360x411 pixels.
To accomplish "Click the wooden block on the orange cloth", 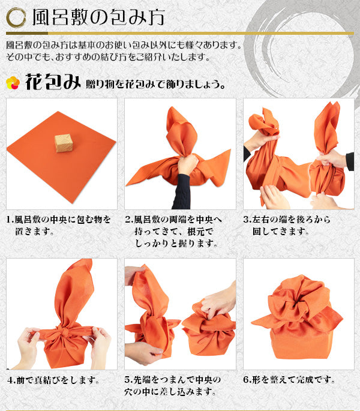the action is pos(64,143).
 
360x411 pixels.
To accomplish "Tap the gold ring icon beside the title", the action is pos(16,18).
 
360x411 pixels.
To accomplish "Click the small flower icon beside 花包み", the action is pos(13,83).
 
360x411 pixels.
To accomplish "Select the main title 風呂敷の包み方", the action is pos(98,18).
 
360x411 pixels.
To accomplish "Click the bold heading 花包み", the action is pos(53,82).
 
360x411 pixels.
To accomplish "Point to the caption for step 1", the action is pos(58,226).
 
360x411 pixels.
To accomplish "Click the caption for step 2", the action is pos(173,232).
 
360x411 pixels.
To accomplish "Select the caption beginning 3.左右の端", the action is pos(287,226).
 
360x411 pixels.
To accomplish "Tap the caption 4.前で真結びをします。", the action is pos(53,380).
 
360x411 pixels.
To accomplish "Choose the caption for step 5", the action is pos(173,386).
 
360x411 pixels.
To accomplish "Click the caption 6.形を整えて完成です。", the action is pos(289,380).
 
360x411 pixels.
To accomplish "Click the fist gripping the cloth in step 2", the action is pos(187,164).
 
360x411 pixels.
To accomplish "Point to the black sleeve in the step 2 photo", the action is pos(181,191).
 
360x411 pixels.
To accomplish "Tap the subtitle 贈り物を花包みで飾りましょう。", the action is pos(155,85).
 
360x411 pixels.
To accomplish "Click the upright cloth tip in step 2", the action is pos(181,131).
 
